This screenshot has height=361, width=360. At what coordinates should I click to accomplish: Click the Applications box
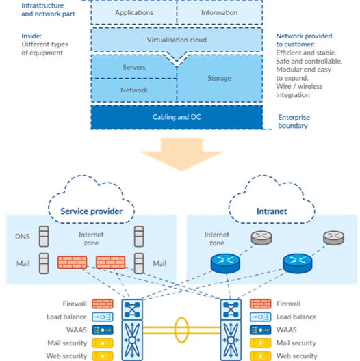[133, 12]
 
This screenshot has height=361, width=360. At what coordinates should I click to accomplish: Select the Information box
[219, 12]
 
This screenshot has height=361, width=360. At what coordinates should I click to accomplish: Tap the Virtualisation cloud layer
[177, 40]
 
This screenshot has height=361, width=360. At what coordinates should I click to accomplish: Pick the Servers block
[133, 68]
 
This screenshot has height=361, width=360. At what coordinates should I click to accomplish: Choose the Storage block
[220, 79]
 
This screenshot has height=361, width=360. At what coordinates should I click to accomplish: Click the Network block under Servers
[133, 90]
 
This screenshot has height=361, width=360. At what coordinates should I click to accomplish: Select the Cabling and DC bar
[177, 117]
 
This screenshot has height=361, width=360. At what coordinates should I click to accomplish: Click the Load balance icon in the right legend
[260, 317]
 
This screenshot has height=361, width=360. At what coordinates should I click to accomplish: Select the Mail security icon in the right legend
[260, 343]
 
